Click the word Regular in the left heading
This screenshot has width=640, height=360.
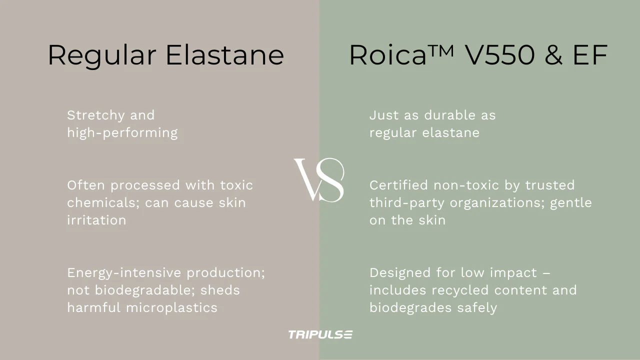point(101,55)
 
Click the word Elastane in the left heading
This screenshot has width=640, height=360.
point(224,55)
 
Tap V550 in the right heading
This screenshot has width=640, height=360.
point(499,55)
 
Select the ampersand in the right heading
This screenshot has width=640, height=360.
point(553,55)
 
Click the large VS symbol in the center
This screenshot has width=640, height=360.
point(319,180)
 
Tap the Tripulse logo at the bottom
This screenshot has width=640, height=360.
point(320,334)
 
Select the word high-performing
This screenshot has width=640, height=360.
point(122,133)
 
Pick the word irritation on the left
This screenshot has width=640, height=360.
point(96,220)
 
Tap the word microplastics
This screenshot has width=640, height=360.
point(171,307)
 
